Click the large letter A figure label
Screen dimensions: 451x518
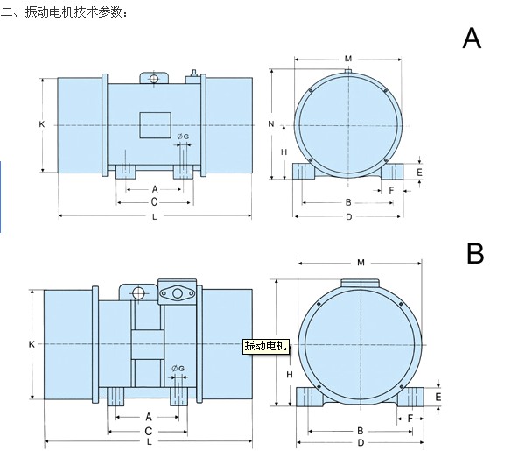[x=472, y=39]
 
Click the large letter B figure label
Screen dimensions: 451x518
[x=475, y=253]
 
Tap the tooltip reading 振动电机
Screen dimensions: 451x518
[x=266, y=345]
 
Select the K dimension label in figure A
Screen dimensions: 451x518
[x=41, y=124]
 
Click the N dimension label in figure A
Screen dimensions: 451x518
[x=271, y=124]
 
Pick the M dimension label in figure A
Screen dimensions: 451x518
[x=347, y=58]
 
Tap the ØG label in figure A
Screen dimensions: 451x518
[x=182, y=137]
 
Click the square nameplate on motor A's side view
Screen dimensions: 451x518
[x=154, y=124]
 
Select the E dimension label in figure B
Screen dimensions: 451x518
[x=437, y=397]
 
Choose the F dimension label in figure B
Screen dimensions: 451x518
[x=410, y=418]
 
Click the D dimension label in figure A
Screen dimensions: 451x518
[x=348, y=216]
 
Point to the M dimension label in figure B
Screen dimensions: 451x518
[x=360, y=262]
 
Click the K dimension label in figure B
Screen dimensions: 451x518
[x=31, y=344]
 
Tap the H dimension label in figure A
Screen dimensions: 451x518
[x=284, y=152]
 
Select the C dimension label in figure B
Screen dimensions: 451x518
[x=148, y=431]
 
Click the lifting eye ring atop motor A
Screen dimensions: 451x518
[x=154, y=80]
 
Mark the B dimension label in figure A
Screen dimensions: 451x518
[x=348, y=202]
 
